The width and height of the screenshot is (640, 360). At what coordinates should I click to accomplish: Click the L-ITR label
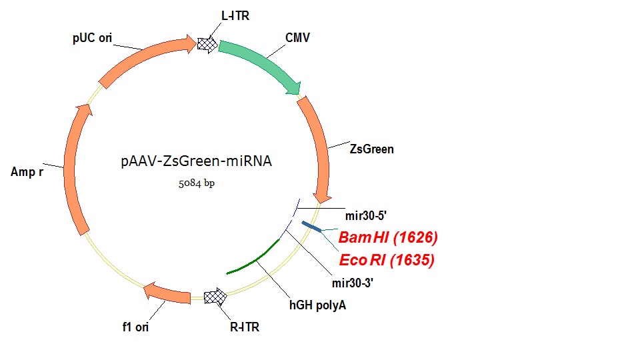[x=235, y=15]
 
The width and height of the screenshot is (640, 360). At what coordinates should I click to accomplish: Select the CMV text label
[x=297, y=37]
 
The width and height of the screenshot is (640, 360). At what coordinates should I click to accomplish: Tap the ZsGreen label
[x=371, y=149]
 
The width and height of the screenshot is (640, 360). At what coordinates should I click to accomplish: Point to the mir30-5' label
[x=367, y=216]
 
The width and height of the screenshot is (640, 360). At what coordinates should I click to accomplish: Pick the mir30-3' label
[x=353, y=282]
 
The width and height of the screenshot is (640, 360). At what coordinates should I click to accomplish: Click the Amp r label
[x=27, y=172]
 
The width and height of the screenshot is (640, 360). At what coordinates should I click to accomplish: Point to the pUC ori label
[x=92, y=37]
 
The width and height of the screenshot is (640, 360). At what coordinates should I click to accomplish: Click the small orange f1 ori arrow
[x=166, y=291]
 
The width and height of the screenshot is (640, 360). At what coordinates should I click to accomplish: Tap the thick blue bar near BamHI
[x=311, y=227]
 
